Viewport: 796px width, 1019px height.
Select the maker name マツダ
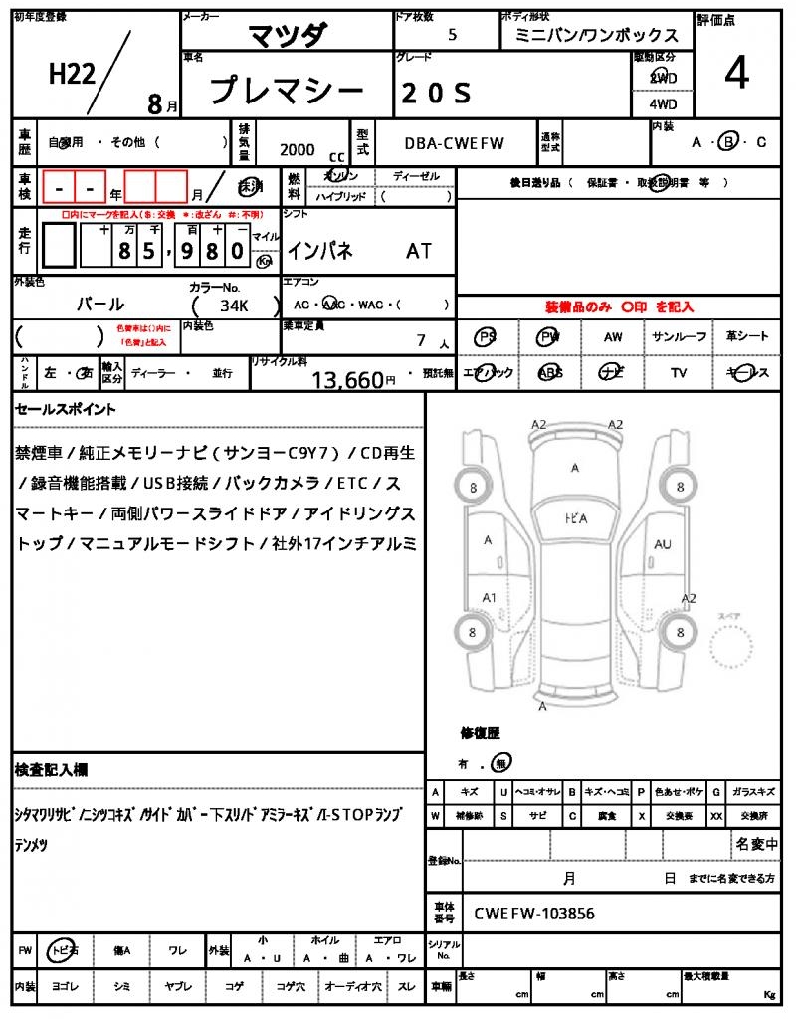tap(287, 35)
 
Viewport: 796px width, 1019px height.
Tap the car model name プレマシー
tap(287, 92)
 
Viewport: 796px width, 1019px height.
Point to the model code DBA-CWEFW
tap(455, 143)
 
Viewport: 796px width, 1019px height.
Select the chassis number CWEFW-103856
tap(534, 913)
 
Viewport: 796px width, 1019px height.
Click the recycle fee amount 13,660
tap(347, 379)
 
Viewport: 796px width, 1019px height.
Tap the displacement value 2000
tap(297, 150)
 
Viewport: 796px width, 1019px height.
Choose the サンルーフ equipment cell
tap(680, 337)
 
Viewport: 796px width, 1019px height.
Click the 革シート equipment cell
tap(747, 337)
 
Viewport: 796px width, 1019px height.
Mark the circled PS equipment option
tap(486, 337)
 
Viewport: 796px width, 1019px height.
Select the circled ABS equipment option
tap(549, 373)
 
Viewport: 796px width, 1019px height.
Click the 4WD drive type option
tap(663, 103)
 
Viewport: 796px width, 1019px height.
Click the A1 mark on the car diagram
tap(489, 597)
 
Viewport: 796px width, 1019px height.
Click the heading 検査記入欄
tap(52, 770)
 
